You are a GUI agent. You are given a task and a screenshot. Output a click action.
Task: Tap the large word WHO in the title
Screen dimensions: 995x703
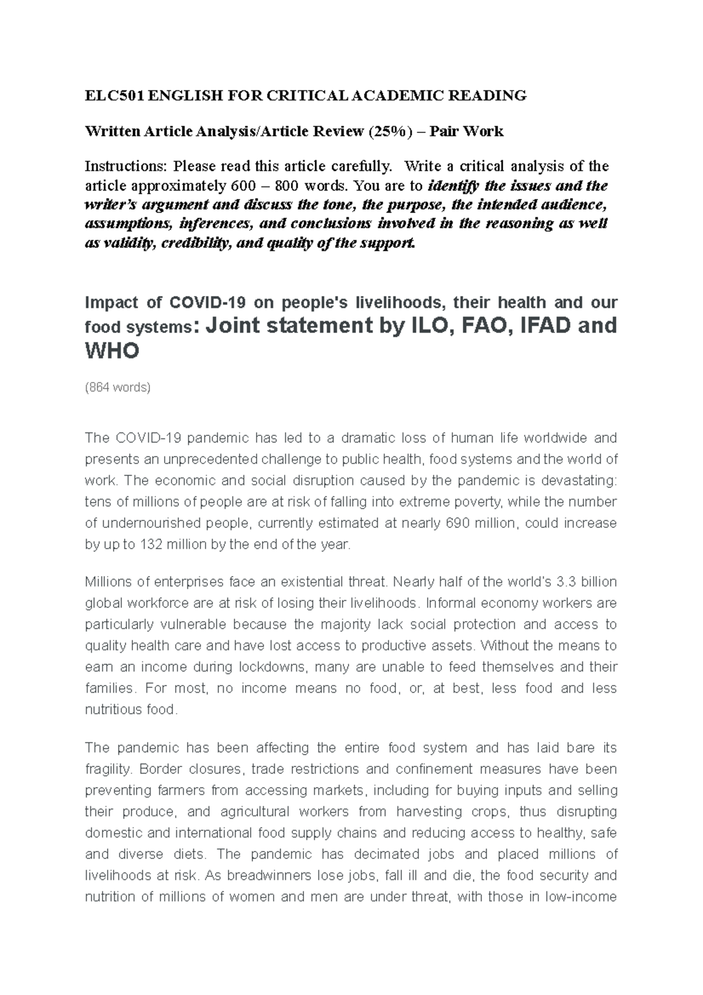112,352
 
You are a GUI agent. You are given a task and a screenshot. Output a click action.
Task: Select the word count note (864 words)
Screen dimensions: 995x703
118,387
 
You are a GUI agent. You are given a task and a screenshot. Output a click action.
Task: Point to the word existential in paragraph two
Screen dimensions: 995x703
315,582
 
